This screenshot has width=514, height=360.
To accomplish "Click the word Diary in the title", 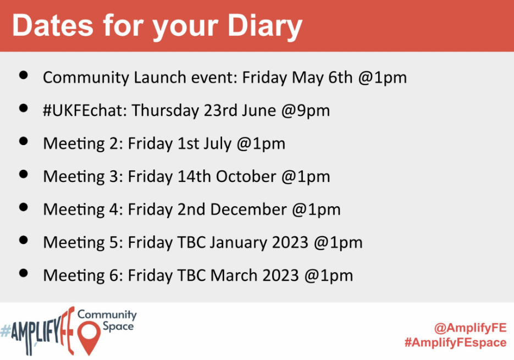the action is coord(264,26).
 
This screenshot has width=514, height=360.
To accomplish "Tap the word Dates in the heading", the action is coord(53,26).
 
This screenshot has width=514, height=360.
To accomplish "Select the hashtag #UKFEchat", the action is coord(85,110).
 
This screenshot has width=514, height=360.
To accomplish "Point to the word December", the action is coord(248,209).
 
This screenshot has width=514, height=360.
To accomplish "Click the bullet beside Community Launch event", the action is coord(24,75).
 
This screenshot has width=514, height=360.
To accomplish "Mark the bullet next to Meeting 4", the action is coord(24,207).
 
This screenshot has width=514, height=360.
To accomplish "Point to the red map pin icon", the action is coord(89,336).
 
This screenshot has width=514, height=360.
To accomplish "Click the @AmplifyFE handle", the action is coord(471,328).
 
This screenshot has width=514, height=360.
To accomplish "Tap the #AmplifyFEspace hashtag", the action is coord(456,342).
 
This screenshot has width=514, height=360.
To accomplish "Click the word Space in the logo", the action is coord(118,326).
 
